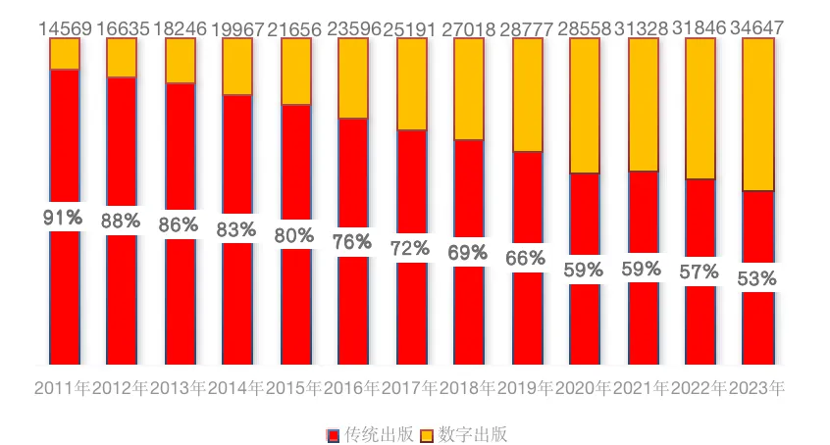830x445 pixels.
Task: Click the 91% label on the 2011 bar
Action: [63, 218]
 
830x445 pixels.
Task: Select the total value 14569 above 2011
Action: [64, 28]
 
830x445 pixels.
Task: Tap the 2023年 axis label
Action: [757, 388]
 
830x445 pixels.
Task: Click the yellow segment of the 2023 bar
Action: [757, 114]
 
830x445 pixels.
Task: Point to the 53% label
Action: [757, 278]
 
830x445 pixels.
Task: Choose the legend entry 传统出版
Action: [371, 434]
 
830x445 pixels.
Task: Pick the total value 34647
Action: [757, 28]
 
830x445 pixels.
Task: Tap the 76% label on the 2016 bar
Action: [352, 241]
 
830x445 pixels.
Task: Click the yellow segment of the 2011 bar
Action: [65, 54]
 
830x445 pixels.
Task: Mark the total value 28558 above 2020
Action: [584, 28]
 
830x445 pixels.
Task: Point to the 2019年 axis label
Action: [526, 388]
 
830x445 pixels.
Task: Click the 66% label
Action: [526, 259]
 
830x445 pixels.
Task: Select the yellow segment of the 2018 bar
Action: [468, 88]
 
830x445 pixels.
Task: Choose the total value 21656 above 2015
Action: [294, 28]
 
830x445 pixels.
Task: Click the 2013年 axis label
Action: [179, 388]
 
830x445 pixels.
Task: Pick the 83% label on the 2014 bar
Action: [236, 229]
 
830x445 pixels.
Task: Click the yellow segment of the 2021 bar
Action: [643, 104]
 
